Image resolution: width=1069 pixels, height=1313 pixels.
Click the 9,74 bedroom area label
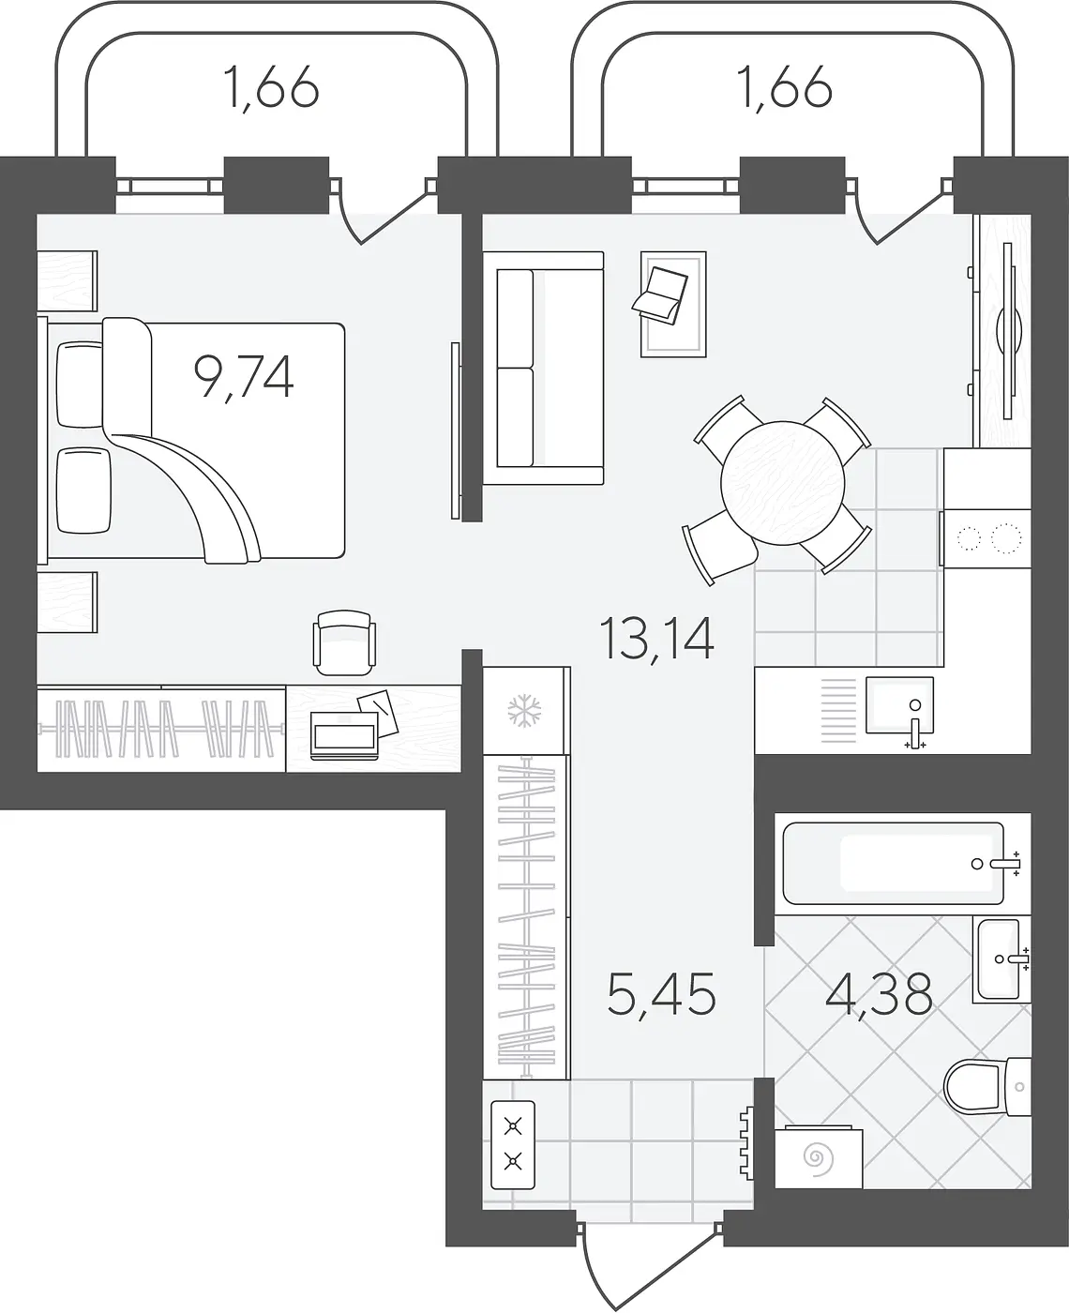244,377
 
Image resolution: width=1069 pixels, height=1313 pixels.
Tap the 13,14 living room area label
656,639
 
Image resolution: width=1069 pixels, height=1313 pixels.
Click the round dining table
782,483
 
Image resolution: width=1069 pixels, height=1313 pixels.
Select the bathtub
894,864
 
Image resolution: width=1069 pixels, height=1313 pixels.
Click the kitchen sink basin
899,706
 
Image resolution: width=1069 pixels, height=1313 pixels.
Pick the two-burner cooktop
987,538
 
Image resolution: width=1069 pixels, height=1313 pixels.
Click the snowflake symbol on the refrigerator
524,710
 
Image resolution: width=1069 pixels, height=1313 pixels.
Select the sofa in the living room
543,368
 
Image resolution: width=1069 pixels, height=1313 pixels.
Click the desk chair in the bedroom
344,643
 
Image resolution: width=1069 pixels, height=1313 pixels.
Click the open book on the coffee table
660,295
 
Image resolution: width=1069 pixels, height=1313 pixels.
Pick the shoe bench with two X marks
513,1145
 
